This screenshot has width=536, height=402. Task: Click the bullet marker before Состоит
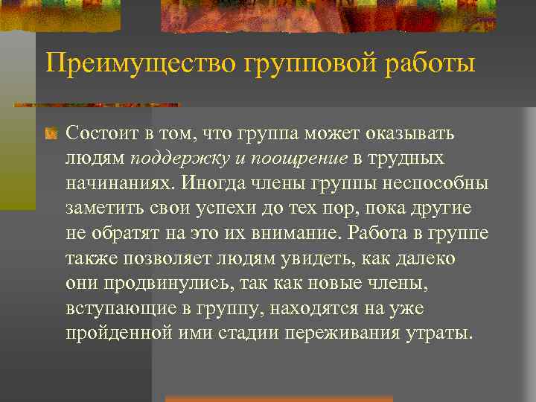[x=51, y=135]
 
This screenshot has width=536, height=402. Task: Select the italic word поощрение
[x=300, y=159]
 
